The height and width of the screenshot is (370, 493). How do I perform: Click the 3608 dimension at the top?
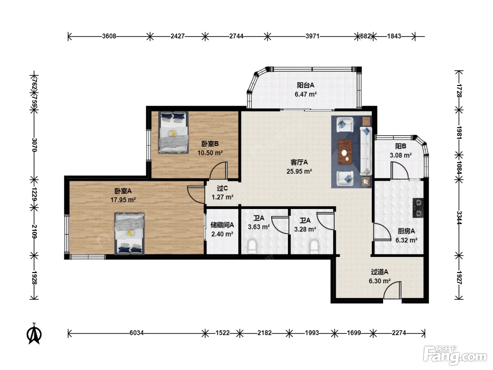click(109, 36)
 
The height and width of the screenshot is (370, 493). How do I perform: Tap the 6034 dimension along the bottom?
click(137, 333)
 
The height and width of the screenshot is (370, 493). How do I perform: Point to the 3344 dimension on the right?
click(459, 217)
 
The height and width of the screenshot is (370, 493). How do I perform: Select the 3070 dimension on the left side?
click(34, 145)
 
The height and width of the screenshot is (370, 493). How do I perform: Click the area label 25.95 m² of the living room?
click(299, 171)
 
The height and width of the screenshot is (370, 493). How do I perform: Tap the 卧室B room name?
click(210, 143)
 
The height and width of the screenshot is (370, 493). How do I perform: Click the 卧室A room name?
click(123, 191)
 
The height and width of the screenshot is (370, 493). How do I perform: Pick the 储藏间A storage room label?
click(222, 225)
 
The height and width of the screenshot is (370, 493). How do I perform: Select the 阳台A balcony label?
click(305, 85)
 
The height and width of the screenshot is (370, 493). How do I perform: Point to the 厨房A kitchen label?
click(406, 231)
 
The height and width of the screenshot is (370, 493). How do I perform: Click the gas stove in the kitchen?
click(418, 208)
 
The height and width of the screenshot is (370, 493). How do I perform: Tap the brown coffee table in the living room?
click(345, 152)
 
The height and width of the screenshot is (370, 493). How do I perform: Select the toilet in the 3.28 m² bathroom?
click(314, 246)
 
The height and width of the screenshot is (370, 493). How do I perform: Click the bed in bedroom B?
click(173, 132)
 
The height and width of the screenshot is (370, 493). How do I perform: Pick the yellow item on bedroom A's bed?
click(130, 233)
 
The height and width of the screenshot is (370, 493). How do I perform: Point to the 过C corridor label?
click(222, 188)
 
